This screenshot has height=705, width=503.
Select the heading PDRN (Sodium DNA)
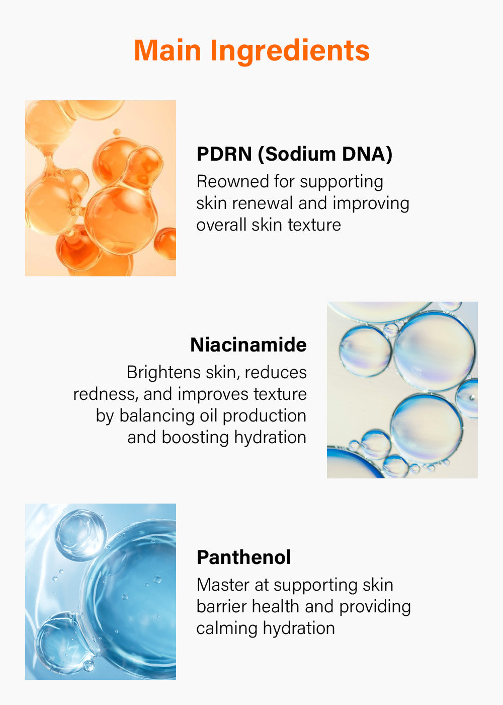pyautogui.click(x=294, y=154)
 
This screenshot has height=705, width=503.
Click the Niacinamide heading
pyautogui.click(x=248, y=344)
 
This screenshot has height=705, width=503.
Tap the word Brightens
pyautogui.click(x=163, y=373)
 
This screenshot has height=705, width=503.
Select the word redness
pyautogui.click(x=106, y=394)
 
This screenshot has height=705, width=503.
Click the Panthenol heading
pyautogui.click(x=243, y=557)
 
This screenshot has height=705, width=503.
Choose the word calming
pyautogui.click(x=227, y=629)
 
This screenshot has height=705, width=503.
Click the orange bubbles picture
pyautogui.click(x=101, y=188)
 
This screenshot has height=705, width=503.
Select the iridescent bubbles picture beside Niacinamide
pyautogui.click(x=402, y=390)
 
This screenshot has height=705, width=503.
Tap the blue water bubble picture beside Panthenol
pyautogui.click(x=101, y=592)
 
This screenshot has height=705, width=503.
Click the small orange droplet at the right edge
pyautogui.click(x=166, y=243)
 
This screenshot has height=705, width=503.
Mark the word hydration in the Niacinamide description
pyautogui.click(x=270, y=438)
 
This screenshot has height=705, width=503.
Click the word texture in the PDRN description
pyautogui.click(x=314, y=225)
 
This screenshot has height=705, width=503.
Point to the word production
pyautogui.click(x=265, y=416)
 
